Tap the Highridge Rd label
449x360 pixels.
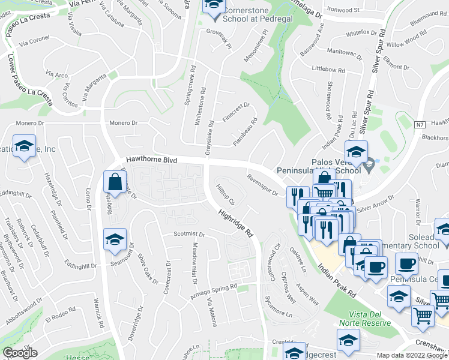point(235,223)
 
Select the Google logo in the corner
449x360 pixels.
point(20,353)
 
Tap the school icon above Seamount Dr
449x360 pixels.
point(115,239)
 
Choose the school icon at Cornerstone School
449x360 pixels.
point(212,7)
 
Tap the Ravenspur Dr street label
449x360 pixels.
point(262,185)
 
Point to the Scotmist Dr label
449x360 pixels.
point(190,234)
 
